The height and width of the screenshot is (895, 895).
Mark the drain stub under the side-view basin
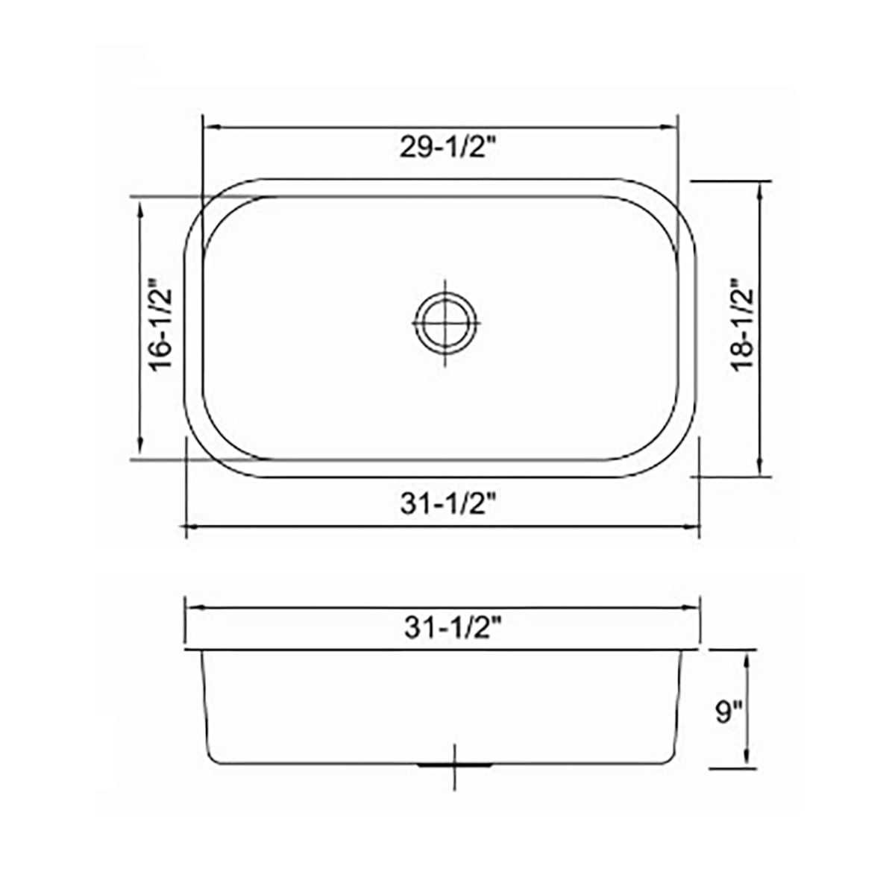point(455,765)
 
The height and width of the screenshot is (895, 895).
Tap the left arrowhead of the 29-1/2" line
point(210,128)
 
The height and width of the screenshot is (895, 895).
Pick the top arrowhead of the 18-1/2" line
point(759,189)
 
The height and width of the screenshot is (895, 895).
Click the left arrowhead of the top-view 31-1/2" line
point(190,527)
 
